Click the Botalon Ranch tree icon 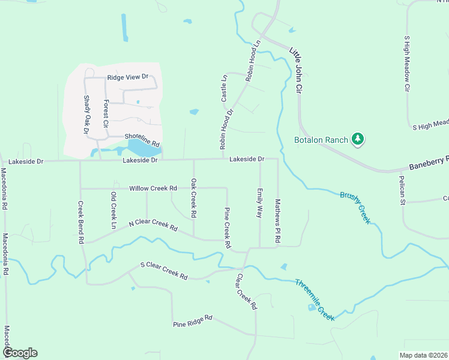coord(358,140)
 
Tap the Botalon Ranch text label coord(321,140)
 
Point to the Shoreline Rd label coord(142,140)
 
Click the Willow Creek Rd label coord(153,188)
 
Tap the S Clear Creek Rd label coord(164,271)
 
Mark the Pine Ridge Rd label coord(192,321)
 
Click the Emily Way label coord(260,203)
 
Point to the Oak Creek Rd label coord(193,198)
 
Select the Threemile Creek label coord(314,299)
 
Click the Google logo coord(20,353)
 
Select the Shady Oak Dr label coord(86,115)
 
